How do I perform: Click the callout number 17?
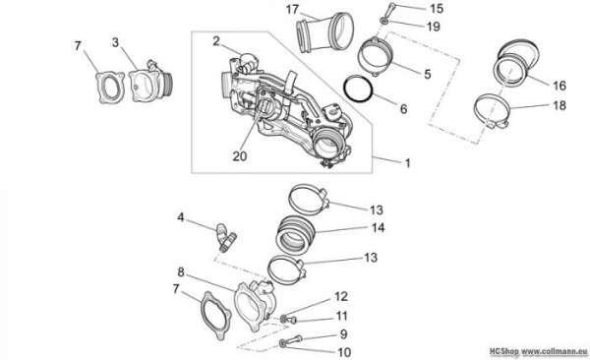click(292, 10)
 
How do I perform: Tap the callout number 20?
click(240, 155)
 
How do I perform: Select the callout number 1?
click(407, 163)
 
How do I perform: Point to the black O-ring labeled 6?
click(358, 89)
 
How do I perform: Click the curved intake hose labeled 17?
click(324, 32)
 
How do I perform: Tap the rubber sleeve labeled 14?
click(295, 235)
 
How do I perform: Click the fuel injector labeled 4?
click(225, 237)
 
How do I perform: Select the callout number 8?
click(181, 271)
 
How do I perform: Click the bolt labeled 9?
click(294, 340)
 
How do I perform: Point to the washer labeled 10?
click(282, 342)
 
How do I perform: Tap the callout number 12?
click(341, 296)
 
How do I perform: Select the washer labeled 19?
click(383, 21)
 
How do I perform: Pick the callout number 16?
click(560, 86)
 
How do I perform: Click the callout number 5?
click(428, 74)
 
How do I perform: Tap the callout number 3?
click(115, 42)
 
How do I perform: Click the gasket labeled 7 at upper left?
click(110, 88)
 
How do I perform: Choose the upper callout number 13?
click(376, 210)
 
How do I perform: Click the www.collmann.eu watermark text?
click(554, 352)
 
